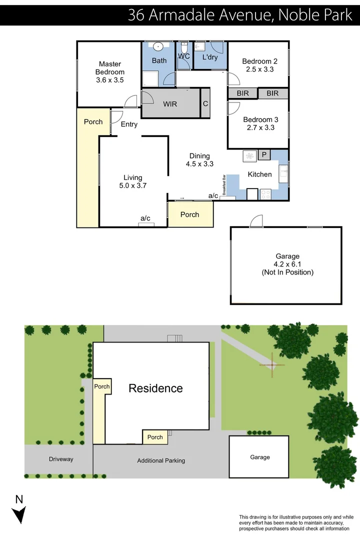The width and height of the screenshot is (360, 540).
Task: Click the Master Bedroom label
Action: coord(110,68)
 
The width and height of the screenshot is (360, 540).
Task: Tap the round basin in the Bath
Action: coord(158,47)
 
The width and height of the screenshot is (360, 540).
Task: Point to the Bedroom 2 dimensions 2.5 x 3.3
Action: coord(259,69)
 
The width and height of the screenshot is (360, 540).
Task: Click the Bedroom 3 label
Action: coord(260,120)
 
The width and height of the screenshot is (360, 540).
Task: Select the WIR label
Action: coord(170,104)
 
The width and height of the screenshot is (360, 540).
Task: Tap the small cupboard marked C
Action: coord(205,103)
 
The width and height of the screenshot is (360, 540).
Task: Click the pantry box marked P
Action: coord(264,155)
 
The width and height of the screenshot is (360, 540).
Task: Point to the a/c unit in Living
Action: coord(146,224)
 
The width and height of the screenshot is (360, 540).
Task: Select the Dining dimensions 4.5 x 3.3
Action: coord(199,163)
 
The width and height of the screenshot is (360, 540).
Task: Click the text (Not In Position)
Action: coord(287,272)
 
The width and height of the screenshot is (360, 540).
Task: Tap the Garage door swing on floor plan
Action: coord(256,221)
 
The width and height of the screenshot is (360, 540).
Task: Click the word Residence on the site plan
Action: coord(155,388)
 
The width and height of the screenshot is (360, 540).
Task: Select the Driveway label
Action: coord(61,459)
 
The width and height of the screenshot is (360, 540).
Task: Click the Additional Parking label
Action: coord(161,460)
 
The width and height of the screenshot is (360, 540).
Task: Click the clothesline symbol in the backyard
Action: coord(271,365)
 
